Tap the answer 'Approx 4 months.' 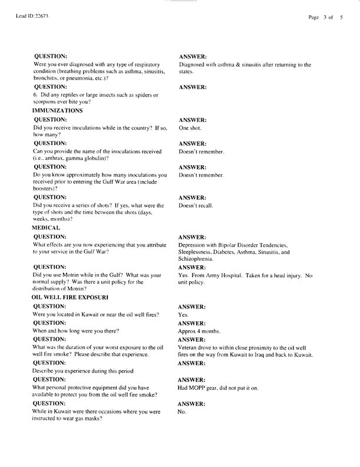coord(201,332)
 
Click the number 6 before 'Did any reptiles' coord(35,95)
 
